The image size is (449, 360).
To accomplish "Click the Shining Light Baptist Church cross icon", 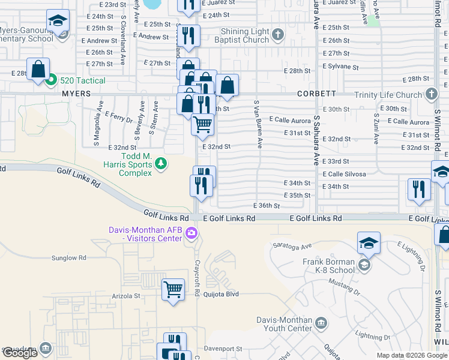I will click(x=277, y=34).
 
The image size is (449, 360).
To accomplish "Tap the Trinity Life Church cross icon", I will click(x=431, y=94).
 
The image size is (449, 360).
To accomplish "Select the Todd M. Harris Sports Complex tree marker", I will click(x=160, y=163).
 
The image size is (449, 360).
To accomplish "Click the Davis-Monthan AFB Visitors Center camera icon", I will click(x=191, y=234).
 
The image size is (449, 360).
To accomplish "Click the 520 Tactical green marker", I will click(x=52, y=80).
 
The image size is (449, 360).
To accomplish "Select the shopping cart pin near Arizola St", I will click(x=173, y=289).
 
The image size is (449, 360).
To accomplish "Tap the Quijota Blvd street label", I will click(x=221, y=294).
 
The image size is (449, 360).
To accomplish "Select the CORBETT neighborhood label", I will click(x=316, y=94).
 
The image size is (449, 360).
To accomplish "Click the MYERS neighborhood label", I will click(x=76, y=94).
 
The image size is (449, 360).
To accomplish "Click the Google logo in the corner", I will click(x=20, y=353).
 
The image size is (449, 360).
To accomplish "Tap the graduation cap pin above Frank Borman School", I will click(x=369, y=242).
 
